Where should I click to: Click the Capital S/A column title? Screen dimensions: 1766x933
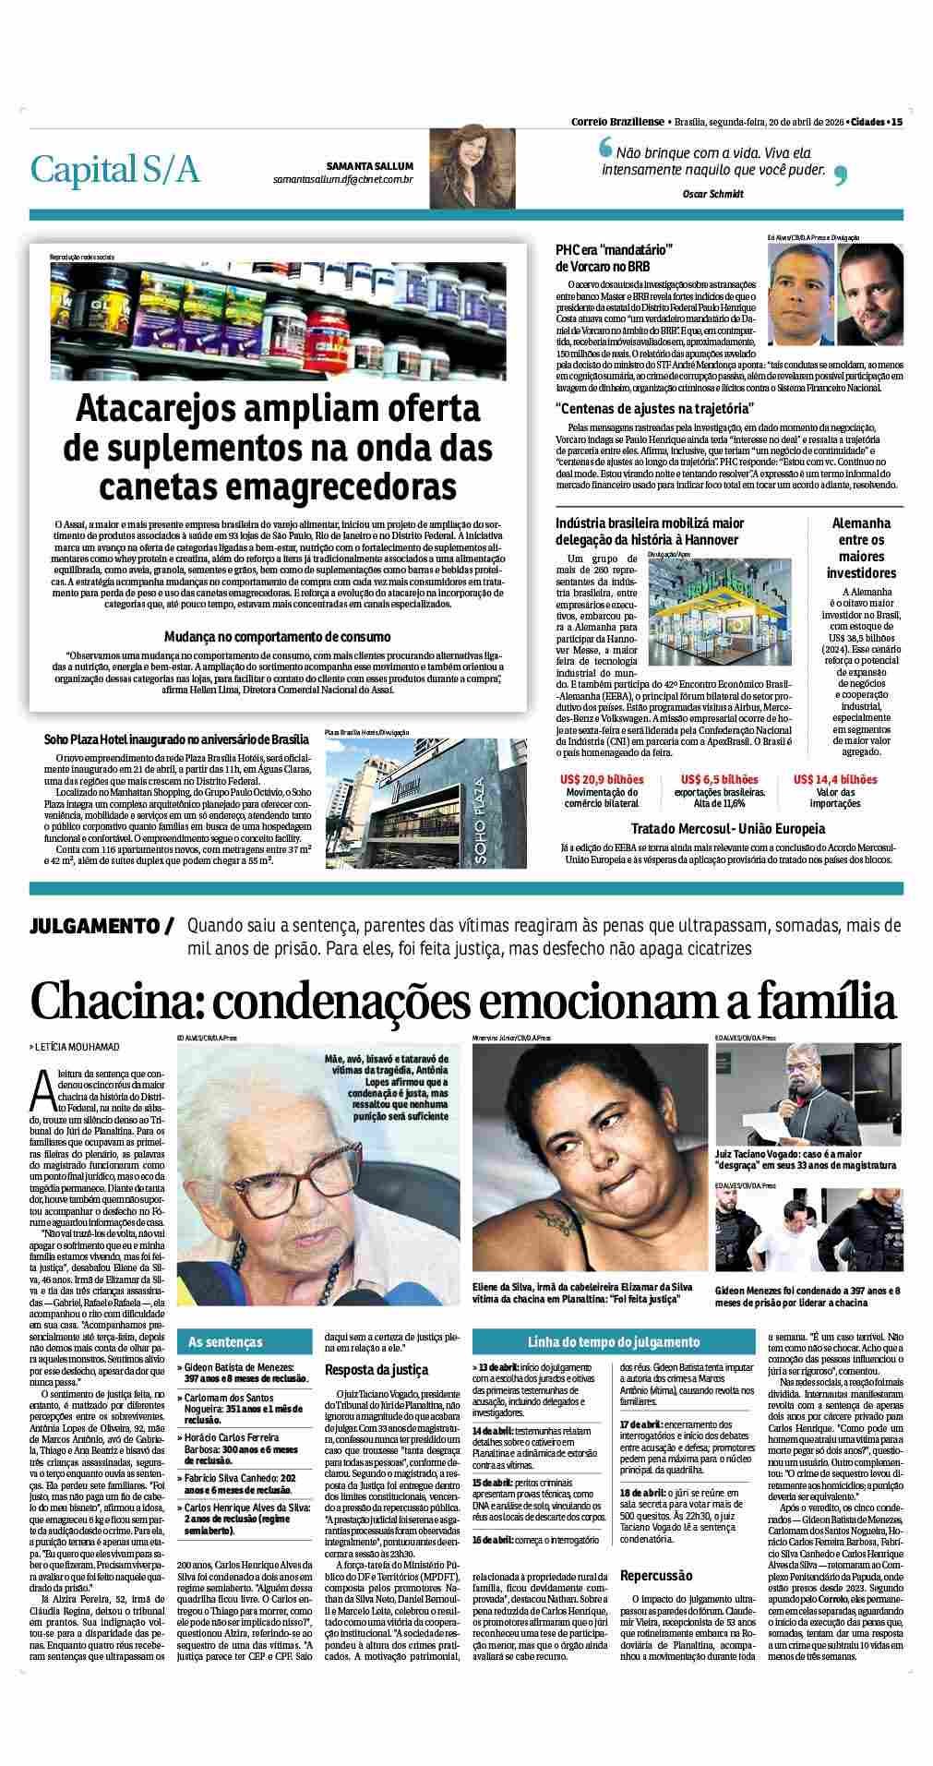(114, 169)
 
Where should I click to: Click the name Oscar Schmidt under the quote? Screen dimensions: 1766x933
(712, 194)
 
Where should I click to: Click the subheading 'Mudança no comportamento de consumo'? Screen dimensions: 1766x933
(277, 637)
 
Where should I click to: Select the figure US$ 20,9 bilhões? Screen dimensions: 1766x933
(602, 779)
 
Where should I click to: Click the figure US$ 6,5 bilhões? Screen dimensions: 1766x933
(719, 779)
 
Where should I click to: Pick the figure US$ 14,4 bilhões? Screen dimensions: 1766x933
(835, 779)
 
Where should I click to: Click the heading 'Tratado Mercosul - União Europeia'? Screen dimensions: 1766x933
(728, 828)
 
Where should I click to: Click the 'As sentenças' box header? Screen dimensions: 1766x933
(225, 1341)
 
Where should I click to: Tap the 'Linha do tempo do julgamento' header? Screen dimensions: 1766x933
(613, 1341)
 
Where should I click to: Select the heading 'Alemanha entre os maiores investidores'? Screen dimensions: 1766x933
(861, 547)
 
